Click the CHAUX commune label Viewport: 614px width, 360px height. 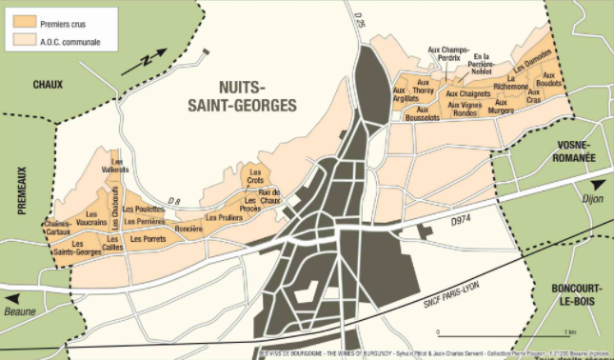coord(47,84)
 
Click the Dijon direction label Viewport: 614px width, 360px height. coord(592,198)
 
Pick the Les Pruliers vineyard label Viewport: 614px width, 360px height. coord(224,217)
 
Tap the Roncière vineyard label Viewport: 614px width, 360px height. coord(188,228)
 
